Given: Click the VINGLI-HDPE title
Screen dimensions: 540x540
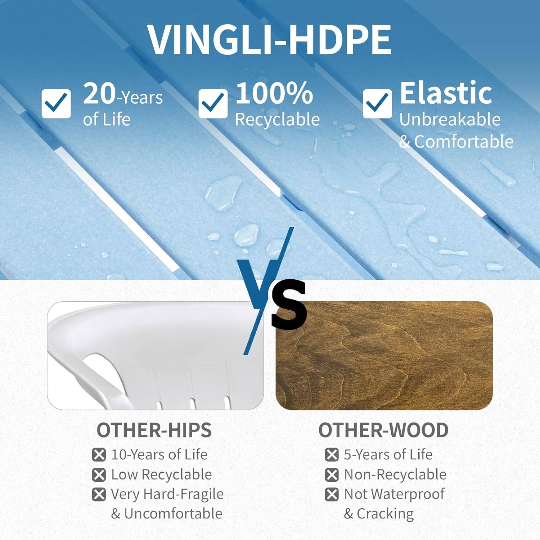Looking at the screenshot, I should pos(269,40).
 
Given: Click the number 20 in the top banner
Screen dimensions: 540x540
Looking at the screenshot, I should pos(99,93).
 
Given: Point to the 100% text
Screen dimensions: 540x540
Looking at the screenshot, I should pos(274,93).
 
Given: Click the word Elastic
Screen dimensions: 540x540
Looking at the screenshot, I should pos(446,93).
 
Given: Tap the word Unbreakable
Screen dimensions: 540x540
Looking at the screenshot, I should pos(450,120).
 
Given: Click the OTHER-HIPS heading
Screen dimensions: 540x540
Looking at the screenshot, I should pos(154,430).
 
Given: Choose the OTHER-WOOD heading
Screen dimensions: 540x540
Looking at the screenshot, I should pos(383,430).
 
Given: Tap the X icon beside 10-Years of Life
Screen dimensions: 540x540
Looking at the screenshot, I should pos(99,455).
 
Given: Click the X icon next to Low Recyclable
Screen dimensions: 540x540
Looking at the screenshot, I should pos(99,475).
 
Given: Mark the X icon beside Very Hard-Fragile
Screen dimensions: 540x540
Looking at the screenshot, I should pos(99,494).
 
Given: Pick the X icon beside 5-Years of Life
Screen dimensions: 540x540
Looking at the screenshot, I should pos(332,455).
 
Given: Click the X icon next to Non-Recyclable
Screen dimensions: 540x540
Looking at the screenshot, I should pos(332,475).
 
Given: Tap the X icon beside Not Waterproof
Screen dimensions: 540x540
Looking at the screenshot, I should pos(332,494).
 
